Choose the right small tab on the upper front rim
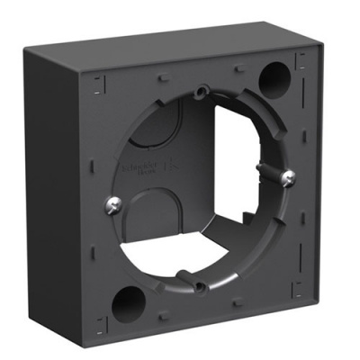[240, 64]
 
